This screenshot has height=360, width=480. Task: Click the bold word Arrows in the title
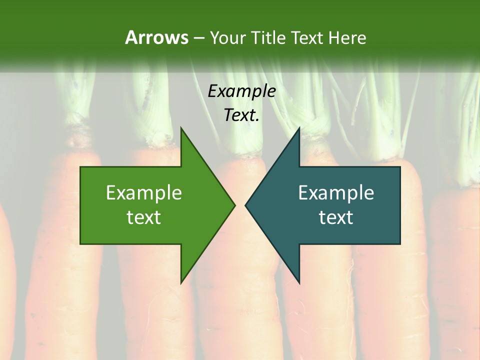pyautogui.click(x=156, y=37)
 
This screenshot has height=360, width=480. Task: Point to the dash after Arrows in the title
pyautogui.click(x=198, y=38)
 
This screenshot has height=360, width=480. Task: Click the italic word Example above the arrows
pyautogui.click(x=241, y=91)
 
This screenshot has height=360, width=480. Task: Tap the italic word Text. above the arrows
pyautogui.click(x=241, y=115)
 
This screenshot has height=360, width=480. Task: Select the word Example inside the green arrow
pyautogui.click(x=144, y=193)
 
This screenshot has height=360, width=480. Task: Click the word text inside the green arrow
pyautogui.click(x=144, y=217)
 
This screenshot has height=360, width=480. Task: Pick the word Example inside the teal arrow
pyautogui.click(x=336, y=193)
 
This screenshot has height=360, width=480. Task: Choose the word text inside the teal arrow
pyautogui.click(x=336, y=217)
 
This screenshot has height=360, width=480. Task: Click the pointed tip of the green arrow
pyautogui.click(x=235, y=205)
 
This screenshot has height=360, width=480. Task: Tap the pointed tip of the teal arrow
pyautogui.click(x=245, y=205)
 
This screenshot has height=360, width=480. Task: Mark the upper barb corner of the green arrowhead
pyautogui.click(x=181, y=127)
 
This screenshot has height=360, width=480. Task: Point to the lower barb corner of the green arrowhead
pyautogui.click(x=181, y=283)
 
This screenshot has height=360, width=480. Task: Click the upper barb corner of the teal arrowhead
pyautogui.click(x=299, y=127)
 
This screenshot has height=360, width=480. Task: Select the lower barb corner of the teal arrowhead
pyautogui.click(x=299, y=283)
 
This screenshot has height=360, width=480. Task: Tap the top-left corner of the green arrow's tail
pyautogui.click(x=80, y=167)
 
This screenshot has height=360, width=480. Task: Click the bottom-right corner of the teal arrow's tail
pyautogui.click(x=400, y=244)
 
